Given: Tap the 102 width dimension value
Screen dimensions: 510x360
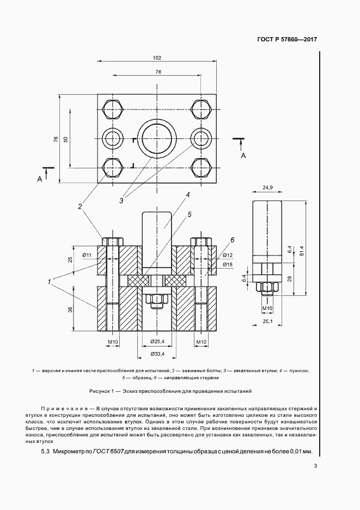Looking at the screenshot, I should [157, 57].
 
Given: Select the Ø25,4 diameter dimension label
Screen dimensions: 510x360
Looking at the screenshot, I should [157, 343].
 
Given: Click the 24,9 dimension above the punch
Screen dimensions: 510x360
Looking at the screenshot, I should [267, 188].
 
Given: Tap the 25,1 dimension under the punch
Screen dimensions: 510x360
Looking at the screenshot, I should [267, 323].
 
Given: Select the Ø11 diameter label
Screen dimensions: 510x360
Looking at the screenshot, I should [87, 255].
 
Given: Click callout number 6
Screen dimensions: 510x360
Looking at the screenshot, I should [231, 240].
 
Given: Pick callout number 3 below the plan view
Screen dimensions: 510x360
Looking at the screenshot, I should [121, 201].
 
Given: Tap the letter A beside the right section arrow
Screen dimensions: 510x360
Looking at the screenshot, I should [243, 156].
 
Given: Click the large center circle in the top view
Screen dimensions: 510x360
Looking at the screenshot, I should [157, 138].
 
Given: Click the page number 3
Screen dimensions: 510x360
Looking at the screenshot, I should [315, 465].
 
